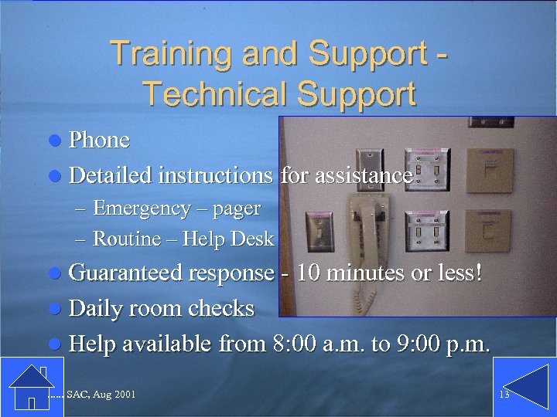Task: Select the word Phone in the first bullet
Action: (99, 140)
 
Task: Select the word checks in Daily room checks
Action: (216, 308)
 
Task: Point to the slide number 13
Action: (504, 395)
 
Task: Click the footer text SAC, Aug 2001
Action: (101, 395)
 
